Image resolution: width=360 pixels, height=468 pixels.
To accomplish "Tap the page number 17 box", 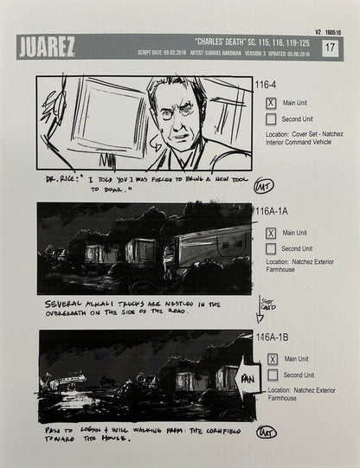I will tap(329, 48).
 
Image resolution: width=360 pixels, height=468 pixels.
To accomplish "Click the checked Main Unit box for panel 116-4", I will tap(271, 102).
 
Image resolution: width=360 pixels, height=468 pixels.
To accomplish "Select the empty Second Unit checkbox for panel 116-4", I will tap(271, 119).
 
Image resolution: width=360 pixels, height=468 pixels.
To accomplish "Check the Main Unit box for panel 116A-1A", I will tap(271, 233).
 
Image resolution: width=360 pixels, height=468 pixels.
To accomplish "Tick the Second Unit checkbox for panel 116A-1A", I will tap(271, 249).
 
